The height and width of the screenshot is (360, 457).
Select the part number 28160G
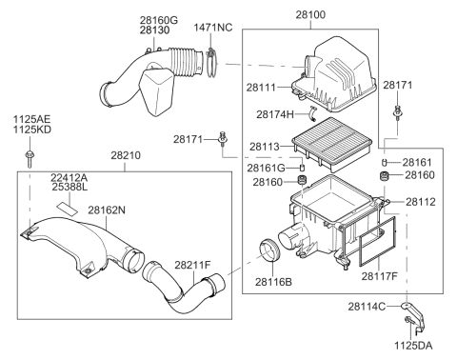pos(158,19)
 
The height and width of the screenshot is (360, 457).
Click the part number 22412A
pos(69,178)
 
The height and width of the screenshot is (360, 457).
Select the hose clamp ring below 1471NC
pos(211,66)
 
